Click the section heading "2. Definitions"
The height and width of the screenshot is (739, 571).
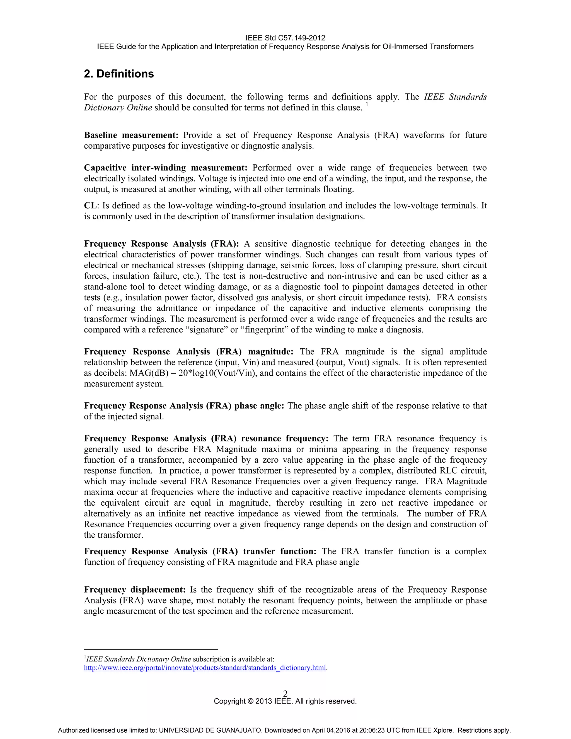[x=119, y=74]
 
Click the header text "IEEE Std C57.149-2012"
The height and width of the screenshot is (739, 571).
[x=285, y=38]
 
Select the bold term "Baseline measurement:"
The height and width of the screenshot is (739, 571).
[x=131, y=135]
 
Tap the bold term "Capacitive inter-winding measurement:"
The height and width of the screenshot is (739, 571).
[x=166, y=168]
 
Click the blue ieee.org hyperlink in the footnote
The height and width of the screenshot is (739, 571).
[x=205, y=668]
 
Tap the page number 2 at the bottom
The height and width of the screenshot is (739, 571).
[x=285, y=694]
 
